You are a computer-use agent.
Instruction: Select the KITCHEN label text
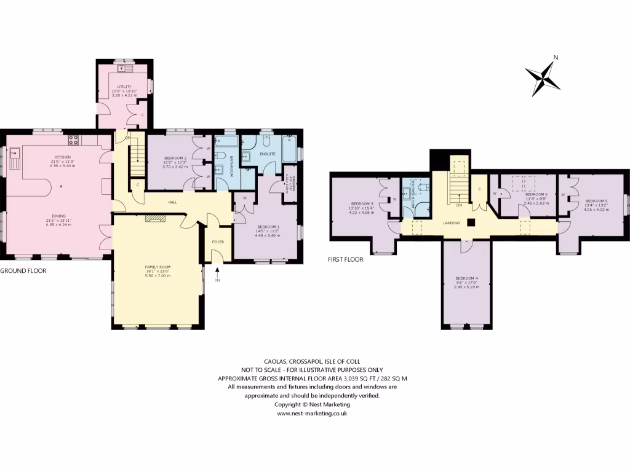(x=62, y=157)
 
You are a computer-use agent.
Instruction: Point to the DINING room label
(x=59, y=216)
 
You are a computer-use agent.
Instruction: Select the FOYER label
(x=218, y=242)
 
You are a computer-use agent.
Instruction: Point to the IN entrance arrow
(x=217, y=273)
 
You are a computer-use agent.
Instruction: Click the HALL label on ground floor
(x=174, y=202)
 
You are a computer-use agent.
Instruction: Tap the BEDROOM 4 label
(x=466, y=278)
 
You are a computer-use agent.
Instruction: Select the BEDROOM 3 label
(x=362, y=203)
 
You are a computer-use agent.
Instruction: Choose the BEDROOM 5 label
(x=596, y=201)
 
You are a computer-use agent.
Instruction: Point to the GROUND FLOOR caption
(x=23, y=270)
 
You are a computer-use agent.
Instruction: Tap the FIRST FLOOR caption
(x=345, y=259)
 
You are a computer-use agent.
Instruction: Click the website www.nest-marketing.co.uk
(x=313, y=414)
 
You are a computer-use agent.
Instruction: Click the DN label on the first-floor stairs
(x=459, y=205)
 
